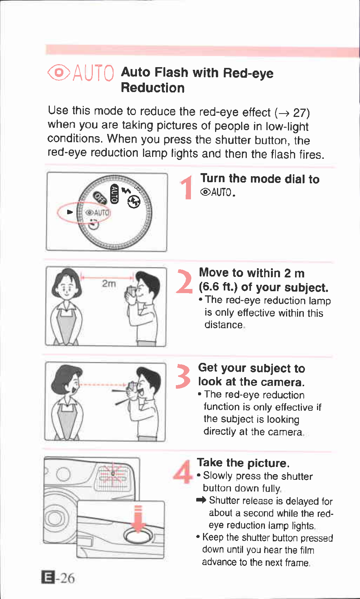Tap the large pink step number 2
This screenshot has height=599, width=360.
tap(184, 281)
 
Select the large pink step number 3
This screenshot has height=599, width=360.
tap(183, 376)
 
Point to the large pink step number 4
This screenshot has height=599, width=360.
tap(183, 472)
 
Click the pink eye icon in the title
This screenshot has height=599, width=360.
tap(59, 72)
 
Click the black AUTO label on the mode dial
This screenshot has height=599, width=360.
tap(114, 194)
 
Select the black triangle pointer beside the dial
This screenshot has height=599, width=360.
tap(70, 212)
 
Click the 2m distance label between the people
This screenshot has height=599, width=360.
tap(109, 283)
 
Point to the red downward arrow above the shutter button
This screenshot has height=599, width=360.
tap(138, 519)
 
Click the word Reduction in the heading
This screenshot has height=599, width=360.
tap(153, 88)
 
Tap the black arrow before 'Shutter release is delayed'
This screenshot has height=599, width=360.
tap(201, 500)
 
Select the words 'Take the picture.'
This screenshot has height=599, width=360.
tap(243, 463)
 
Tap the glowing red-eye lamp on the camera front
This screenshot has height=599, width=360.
tap(113, 474)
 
